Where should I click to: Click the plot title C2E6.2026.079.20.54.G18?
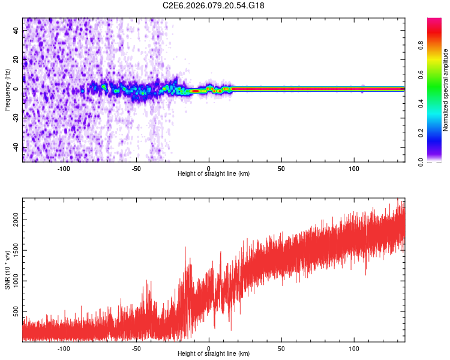pyautogui.click(x=214, y=5)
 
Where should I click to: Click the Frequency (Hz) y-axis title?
pyautogui.click(x=7, y=89)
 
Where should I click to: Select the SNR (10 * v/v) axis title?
pyautogui.click(x=7, y=269)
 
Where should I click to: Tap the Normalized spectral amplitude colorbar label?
pyautogui.click(x=446, y=89)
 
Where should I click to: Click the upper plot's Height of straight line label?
pyautogui.click(x=214, y=173)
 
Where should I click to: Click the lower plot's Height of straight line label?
pyautogui.click(x=214, y=353)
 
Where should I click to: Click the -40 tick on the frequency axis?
pyautogui.click(x=14, y=148)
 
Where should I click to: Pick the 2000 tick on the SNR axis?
pyautogui.click(x=12, y=221)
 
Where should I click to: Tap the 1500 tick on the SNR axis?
pyautogui.click(x=12, y=251)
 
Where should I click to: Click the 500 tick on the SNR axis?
pyautogui.click(x=14, y=312)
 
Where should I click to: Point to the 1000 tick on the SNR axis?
pyautogui.click(x=12, y=281)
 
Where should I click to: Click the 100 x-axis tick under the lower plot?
pyautogui.click(x=354, y=348)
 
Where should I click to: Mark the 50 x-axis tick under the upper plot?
pyautogui.click(x=281, y=168)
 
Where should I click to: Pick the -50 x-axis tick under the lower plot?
pyautogui.click(x=136, y=348)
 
